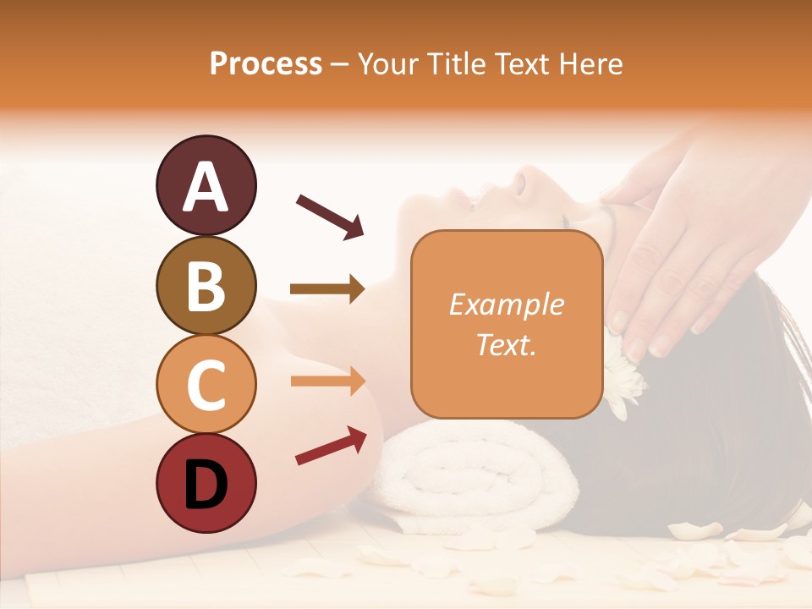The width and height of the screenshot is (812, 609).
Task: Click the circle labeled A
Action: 206,185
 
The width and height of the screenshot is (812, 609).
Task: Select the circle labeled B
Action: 206,285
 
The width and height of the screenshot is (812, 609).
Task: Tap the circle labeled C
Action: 206,385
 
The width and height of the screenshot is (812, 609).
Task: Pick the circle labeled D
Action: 206,484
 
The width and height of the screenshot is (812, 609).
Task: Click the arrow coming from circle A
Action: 330,216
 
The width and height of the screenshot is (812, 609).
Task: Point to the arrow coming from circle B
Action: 327,289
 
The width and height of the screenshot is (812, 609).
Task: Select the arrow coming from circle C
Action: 327,381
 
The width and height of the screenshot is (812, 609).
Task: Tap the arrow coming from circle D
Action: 331,446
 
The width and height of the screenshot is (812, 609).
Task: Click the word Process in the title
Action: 266,64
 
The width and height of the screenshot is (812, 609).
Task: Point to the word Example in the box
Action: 506,304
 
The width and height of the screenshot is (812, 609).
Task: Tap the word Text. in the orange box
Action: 506,344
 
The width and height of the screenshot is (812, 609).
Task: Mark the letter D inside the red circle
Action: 206,485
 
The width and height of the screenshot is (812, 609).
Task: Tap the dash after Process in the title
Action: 339,64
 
